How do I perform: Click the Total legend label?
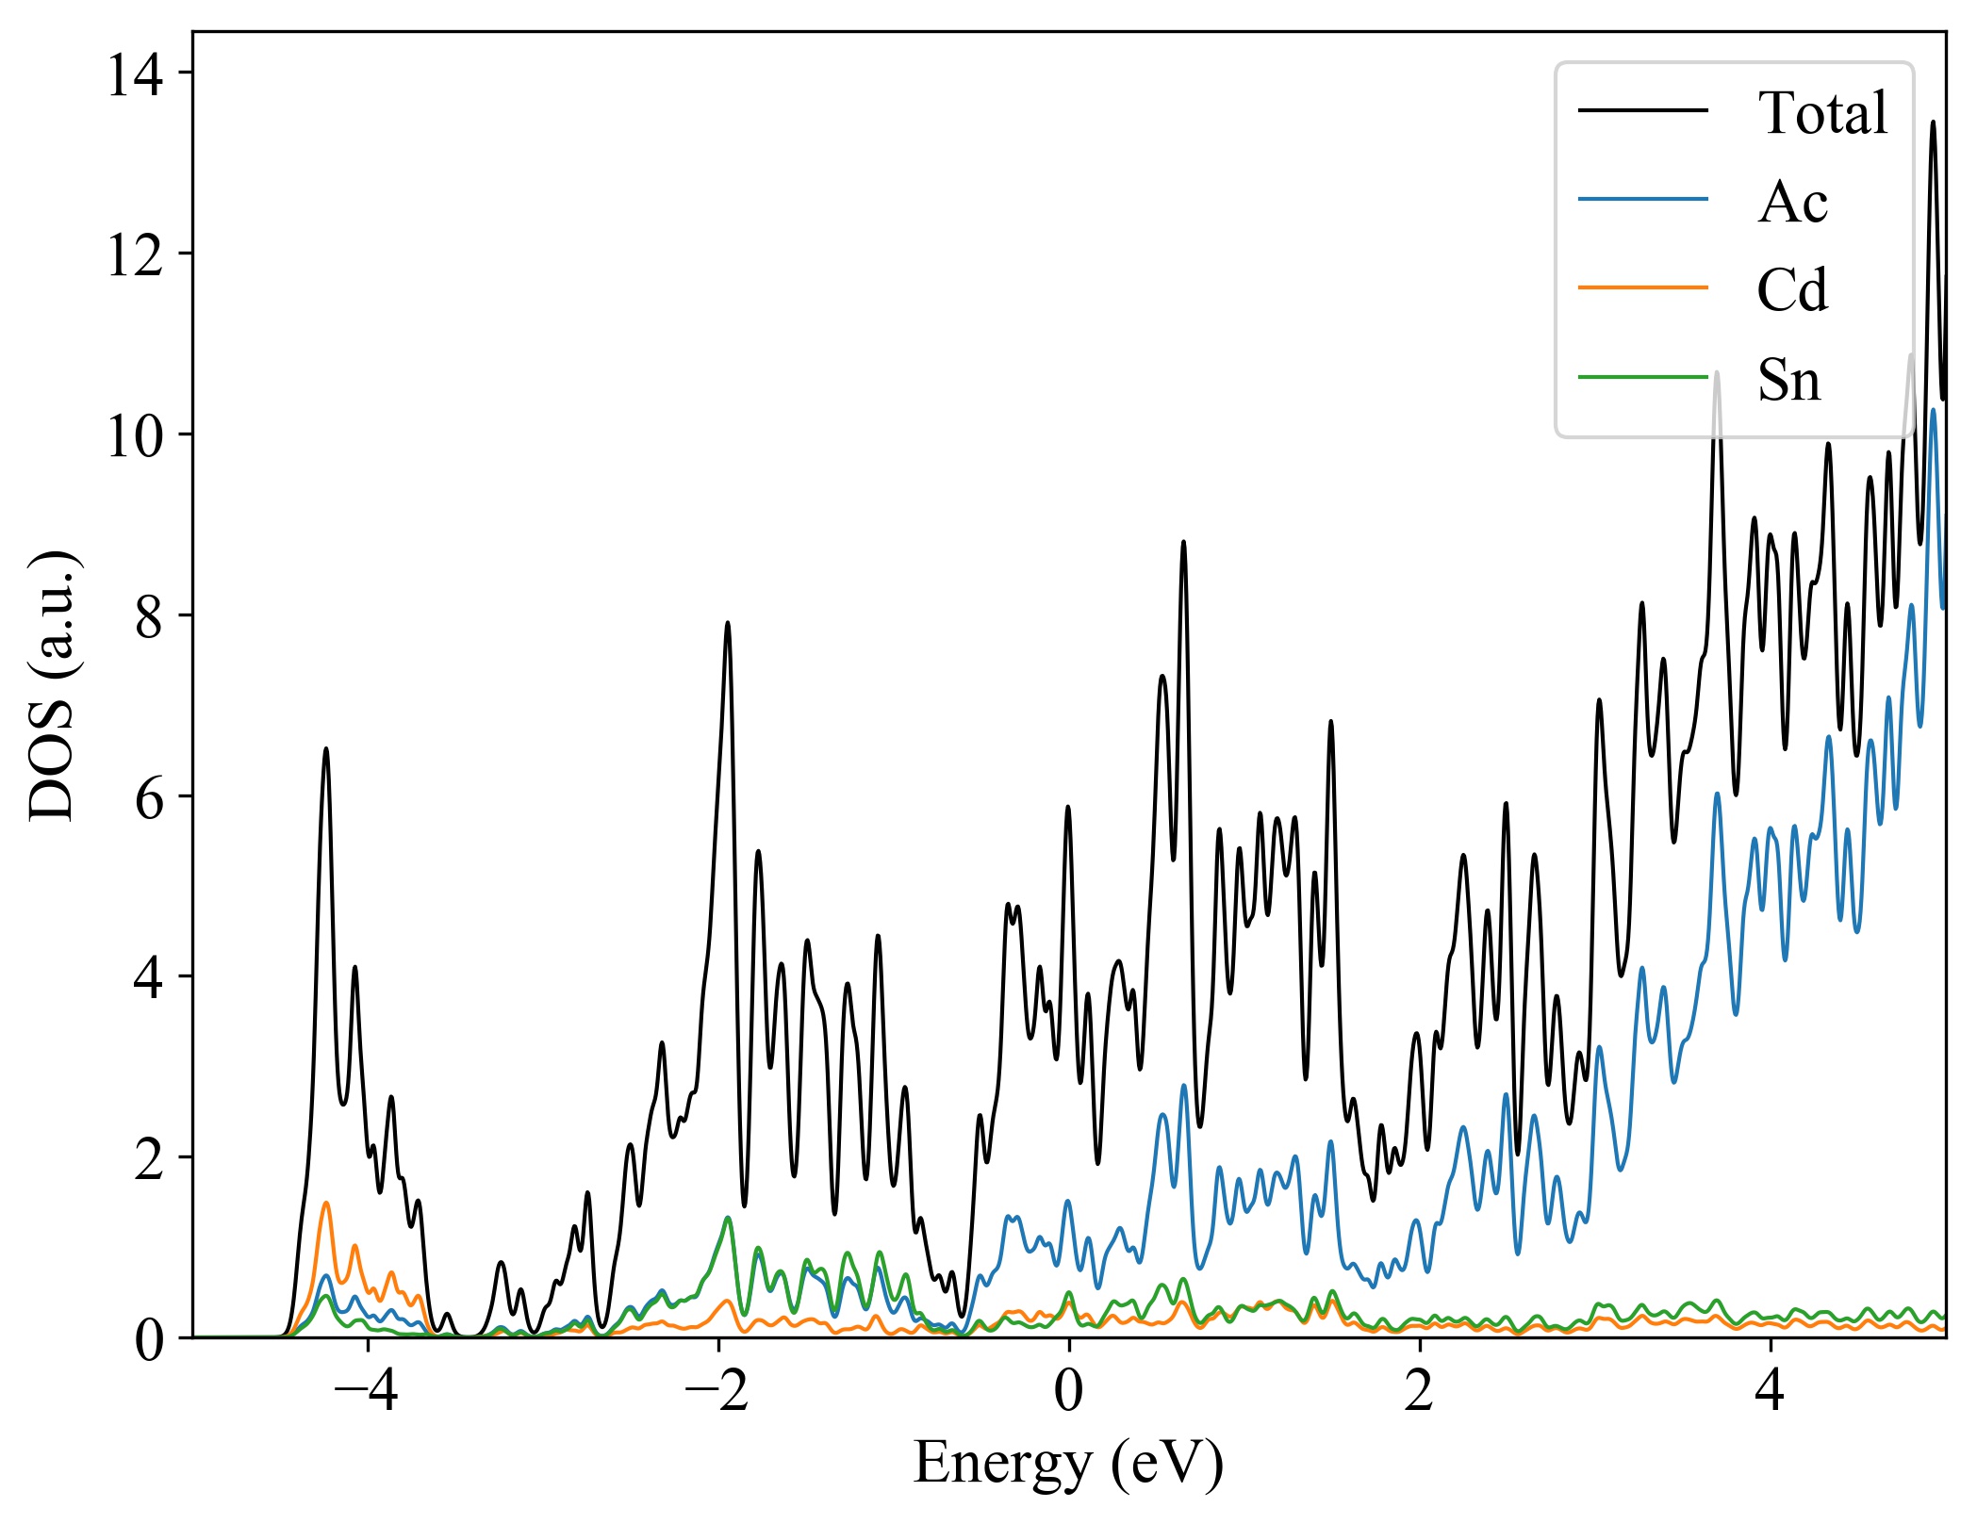1822,113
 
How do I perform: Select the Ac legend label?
1792,202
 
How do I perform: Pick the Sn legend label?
1788,380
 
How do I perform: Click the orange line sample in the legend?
1642,287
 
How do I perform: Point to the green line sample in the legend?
1642,377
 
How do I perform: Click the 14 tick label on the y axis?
135,74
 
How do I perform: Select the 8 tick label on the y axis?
149,617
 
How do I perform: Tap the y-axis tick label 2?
149,1159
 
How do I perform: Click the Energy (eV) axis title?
1068,1464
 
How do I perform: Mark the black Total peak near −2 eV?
728,623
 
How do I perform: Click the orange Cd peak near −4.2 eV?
326,1204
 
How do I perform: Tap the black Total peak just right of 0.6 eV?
1183,543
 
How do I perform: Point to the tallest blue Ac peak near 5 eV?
1933,411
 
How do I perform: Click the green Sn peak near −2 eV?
728,1218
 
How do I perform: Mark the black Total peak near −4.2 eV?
326,749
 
